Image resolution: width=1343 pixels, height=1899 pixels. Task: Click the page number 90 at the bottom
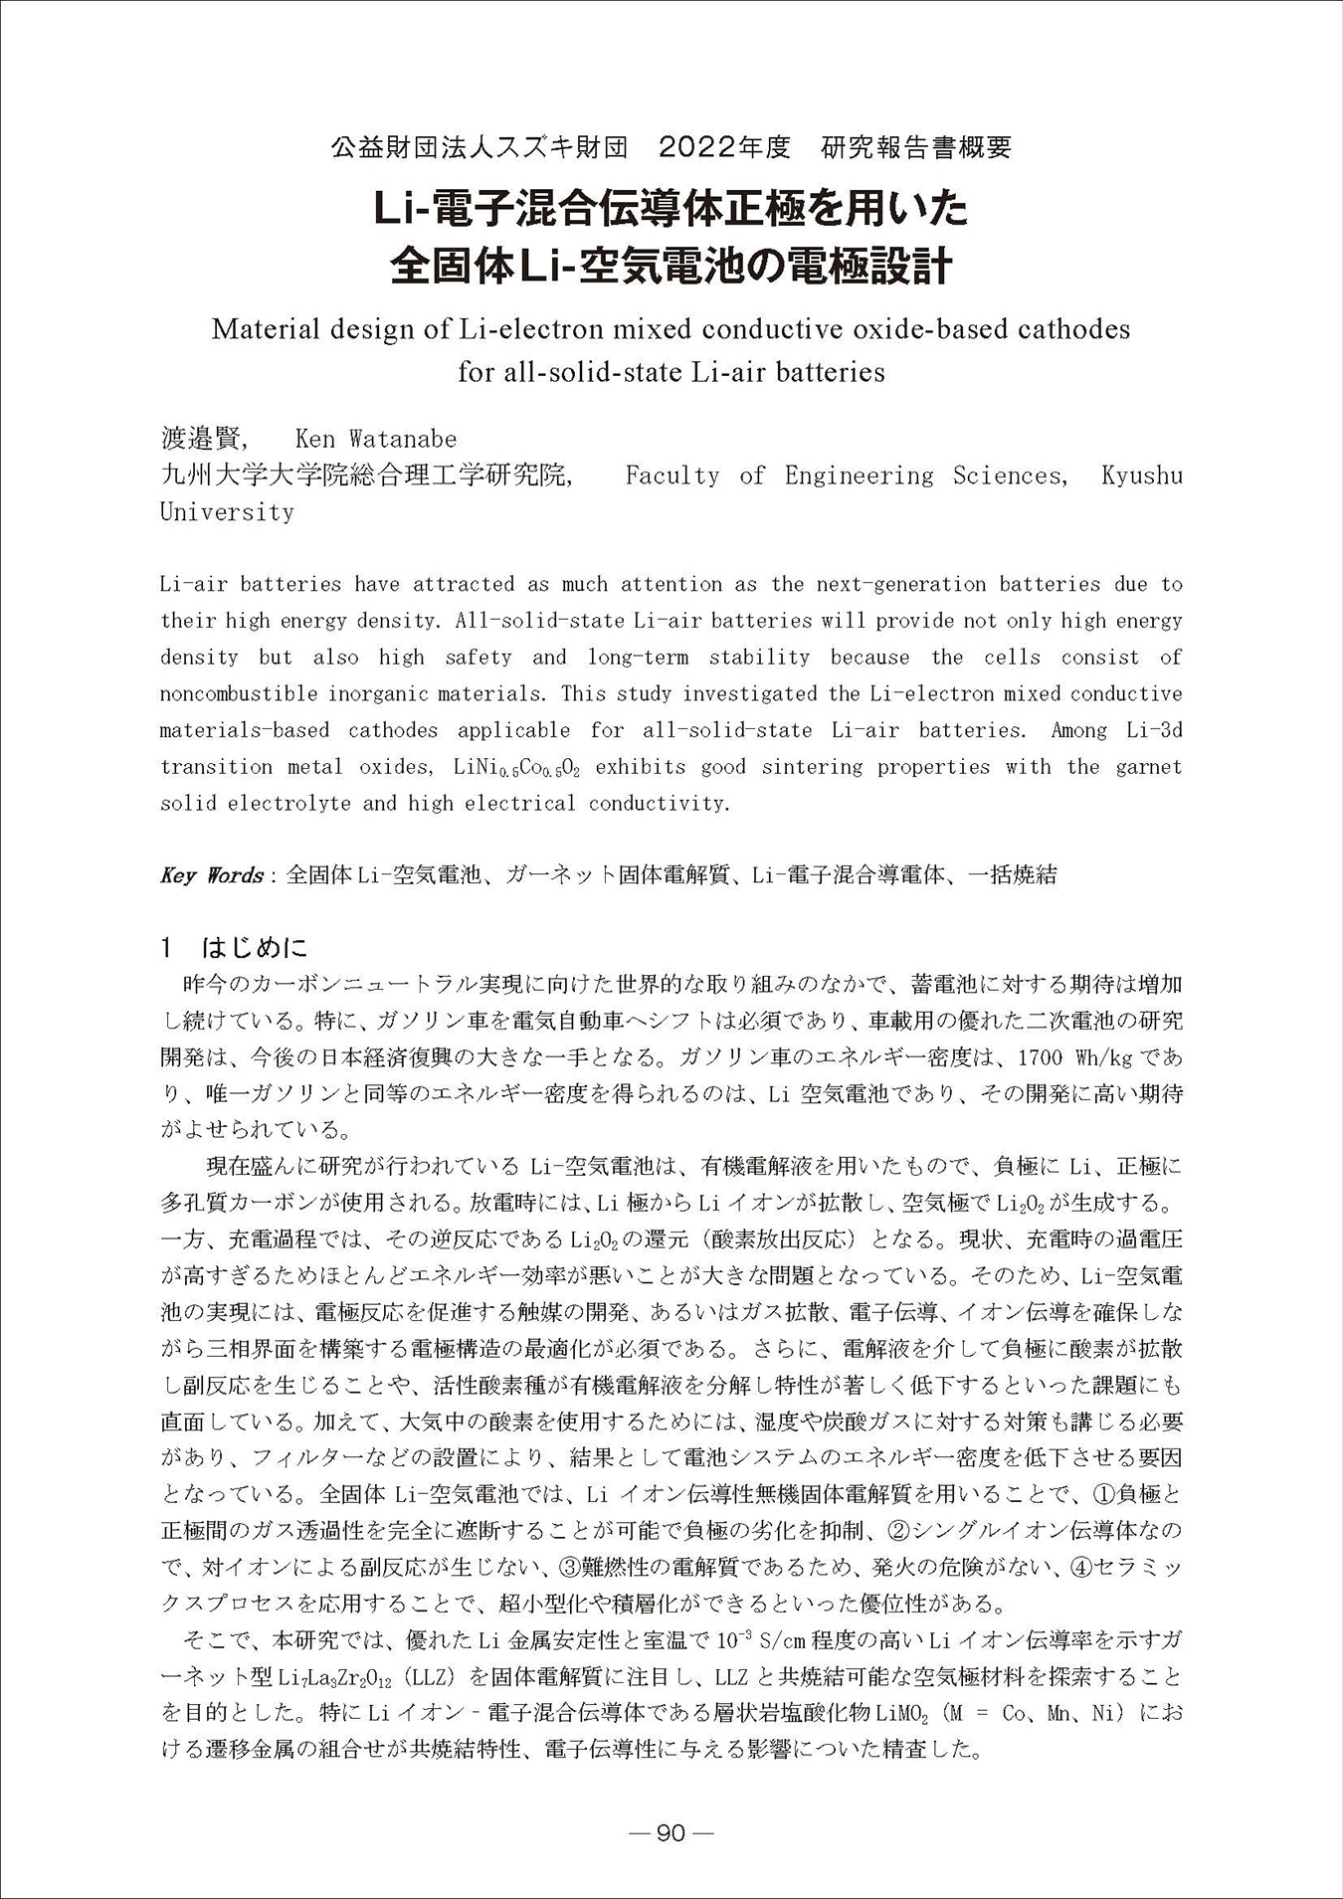671,1832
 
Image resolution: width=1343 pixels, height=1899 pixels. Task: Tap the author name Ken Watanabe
376,439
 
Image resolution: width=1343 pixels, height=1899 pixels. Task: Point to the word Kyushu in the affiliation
1142,475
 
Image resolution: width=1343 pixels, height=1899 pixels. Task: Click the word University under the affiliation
227,512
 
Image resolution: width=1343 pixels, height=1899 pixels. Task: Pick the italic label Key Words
211,875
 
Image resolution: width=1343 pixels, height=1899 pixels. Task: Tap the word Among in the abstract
1078,730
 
